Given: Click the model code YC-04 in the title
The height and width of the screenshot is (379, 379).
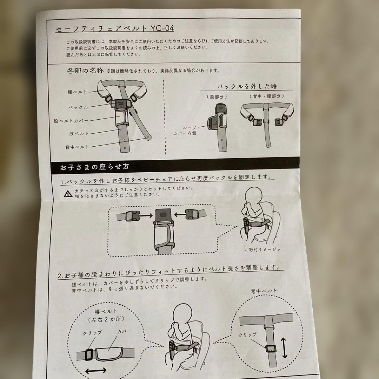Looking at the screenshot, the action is tap(162, 28).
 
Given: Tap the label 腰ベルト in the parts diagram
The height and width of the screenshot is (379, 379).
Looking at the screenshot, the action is tap(77, 92).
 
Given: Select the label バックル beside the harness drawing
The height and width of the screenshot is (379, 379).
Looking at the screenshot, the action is tap(78, 107).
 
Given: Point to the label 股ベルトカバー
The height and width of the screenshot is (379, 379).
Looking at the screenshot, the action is tap(71, 121).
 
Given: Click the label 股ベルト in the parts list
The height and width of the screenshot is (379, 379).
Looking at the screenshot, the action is tap(79, 133).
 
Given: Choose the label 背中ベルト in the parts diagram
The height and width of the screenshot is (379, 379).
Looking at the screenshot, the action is tap(77, 147).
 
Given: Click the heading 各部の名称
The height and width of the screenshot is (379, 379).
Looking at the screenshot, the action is tap(85, 71).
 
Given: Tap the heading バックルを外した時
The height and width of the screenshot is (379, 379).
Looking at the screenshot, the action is tap(247, 86).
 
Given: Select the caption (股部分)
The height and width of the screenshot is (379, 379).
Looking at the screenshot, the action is tap(217, 97).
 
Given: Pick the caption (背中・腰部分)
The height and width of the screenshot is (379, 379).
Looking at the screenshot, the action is tap(267, 96).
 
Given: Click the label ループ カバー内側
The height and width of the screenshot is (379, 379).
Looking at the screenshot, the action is tap(185, 131).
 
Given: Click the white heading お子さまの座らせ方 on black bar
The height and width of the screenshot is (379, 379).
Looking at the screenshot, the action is tap(94, 167).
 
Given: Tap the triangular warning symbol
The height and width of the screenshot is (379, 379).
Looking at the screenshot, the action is tap(68, 194).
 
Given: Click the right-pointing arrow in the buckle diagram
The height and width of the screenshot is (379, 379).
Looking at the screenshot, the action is tap(146, 215).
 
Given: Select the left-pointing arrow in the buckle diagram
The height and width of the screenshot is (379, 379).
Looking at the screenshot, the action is tap(180, 214).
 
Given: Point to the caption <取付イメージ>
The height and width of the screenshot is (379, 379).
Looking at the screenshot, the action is tap(262, 250).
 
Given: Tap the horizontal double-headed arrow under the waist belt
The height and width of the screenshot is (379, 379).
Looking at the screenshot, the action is tap(96, 370).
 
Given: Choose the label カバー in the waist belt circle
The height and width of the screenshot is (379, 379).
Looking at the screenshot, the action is tap(124, 332).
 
